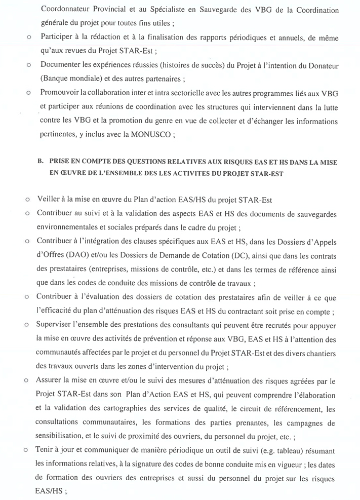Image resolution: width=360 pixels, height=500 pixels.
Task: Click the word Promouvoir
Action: coord(60,94)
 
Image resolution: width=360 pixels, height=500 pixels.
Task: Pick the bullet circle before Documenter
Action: coord(28,66)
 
